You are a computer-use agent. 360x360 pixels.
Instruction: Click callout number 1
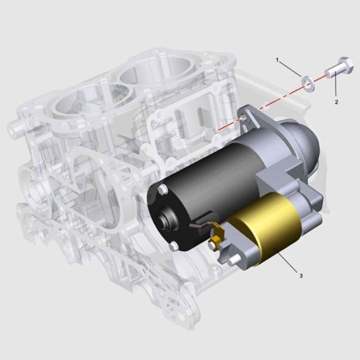tap(277, 60)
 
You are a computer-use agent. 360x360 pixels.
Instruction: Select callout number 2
tap(336, 101)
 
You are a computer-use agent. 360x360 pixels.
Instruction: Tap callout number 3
tap(300, 275)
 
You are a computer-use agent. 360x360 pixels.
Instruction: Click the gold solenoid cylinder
tap(265, 227)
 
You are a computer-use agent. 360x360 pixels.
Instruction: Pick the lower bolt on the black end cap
tap(173, 246)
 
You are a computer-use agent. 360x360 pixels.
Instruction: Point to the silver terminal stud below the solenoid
tap(233, 260)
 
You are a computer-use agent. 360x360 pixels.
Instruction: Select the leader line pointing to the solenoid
tap(288, 262)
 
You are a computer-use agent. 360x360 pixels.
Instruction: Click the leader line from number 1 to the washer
tap(290, 68)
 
